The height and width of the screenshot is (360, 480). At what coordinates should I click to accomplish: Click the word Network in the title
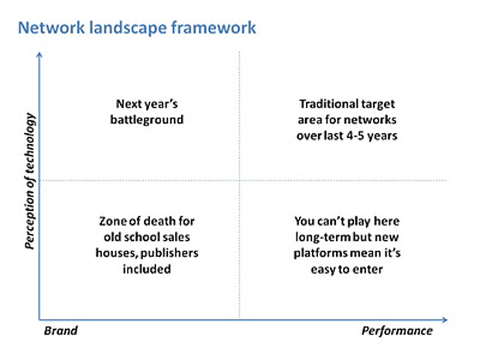[51, 28]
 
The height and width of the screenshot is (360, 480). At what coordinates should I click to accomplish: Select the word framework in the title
[214, 28]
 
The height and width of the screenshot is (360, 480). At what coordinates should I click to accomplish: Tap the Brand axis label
[60, 331]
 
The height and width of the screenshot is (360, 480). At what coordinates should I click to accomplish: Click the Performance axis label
[397, 331]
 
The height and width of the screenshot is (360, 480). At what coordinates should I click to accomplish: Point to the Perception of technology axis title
[30, 181]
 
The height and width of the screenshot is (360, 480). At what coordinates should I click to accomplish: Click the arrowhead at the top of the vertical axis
[39, 54]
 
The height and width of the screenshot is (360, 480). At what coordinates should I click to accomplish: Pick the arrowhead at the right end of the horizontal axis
[445, 320]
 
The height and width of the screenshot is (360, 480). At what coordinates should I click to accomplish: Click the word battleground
[147, 120]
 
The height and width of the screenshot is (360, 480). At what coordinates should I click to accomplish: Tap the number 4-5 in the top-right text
[355, 135]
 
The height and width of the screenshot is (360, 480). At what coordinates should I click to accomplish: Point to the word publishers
[170, 253]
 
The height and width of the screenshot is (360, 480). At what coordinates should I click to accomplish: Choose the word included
[147, 269]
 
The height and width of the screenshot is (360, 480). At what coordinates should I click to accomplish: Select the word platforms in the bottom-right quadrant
[321, 253]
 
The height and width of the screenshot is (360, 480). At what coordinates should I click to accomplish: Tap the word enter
[368, 269]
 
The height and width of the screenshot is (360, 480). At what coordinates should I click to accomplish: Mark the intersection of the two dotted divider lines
[239, 180]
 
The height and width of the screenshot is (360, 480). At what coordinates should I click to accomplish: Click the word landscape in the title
[128, 28]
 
